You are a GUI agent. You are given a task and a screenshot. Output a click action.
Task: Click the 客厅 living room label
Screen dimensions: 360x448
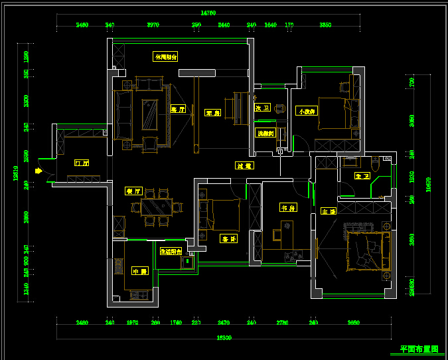coord(177,110)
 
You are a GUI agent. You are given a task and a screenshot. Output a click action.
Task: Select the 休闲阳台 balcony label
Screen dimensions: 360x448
coord(165,57)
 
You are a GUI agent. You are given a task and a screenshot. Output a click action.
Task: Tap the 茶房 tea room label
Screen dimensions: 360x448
coord(212,112)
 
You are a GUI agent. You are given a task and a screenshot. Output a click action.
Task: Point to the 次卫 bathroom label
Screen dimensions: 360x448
coord(262,108)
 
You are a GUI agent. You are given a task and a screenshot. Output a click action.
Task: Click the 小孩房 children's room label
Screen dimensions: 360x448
coord(307,111)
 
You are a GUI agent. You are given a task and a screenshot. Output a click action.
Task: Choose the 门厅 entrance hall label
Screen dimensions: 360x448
coord(82,162)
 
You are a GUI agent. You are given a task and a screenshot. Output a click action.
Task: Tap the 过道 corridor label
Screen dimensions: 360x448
coord(244,165)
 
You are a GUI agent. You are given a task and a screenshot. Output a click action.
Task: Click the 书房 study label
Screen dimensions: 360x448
coord(287,208)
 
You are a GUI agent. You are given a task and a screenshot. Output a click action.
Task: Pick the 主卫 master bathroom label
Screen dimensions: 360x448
coord(362,176)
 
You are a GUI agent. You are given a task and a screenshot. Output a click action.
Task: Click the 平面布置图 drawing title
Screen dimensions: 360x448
coord(419,349)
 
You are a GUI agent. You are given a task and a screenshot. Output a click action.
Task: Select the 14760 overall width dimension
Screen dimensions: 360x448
coord(208,13)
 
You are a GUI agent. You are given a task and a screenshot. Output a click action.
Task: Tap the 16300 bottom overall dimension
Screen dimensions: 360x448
coord(224,337)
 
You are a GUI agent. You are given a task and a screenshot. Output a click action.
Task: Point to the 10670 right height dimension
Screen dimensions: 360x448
coord(428,185)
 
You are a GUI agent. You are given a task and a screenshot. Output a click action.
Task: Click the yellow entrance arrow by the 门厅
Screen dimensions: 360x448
coord(38,171)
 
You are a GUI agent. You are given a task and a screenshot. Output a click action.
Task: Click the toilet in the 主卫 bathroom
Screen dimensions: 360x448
coord(376,161)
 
